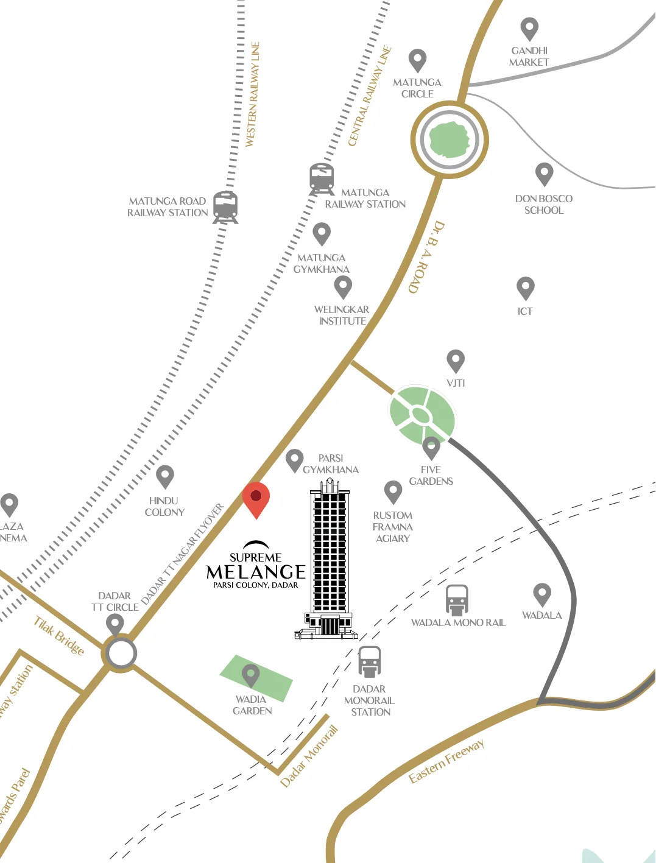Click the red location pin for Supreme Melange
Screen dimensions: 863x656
(256, 498)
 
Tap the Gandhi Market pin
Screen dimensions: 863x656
(529, 28)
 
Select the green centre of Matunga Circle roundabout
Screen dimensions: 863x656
(450, 139)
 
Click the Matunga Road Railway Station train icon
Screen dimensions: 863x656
(225, 206)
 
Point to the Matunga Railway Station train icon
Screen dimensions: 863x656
(322, 178)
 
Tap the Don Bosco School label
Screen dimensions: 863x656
(544, 204)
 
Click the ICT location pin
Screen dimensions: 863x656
(525, 287)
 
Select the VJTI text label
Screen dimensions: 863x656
(456, 383)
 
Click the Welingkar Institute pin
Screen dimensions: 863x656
(343, 286)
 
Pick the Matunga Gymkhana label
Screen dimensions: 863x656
(322, 264)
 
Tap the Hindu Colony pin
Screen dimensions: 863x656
(165, 476)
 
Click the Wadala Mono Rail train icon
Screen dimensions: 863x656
(457, 600)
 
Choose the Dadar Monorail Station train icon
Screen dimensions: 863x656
(369, 661)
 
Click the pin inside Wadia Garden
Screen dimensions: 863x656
(251, 675)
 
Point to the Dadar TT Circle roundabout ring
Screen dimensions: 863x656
(121, 653)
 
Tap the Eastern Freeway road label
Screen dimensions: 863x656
(446, 761)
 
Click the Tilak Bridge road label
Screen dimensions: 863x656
(58, 636)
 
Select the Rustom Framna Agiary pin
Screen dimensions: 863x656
(393, 491)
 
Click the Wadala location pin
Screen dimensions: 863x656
(542, 594)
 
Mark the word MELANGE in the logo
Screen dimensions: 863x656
(256, 572)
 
